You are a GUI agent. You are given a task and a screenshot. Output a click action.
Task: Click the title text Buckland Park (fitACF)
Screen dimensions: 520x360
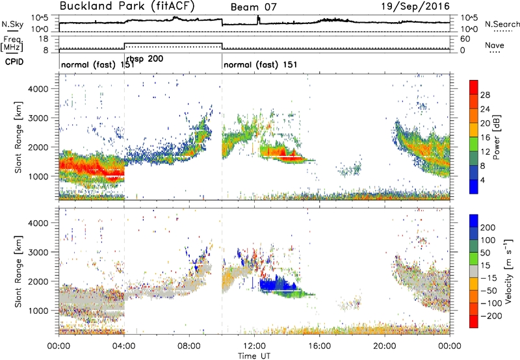127,6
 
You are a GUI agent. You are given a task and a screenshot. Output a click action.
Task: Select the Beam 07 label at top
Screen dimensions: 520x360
253,7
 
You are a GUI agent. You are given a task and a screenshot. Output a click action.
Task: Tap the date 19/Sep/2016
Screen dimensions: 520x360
415,6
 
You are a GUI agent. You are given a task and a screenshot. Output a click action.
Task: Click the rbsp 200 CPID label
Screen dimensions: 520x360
145,58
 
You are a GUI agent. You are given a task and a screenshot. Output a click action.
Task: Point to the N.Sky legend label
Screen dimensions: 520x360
12,24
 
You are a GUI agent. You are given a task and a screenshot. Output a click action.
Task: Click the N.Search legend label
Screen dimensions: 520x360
502,24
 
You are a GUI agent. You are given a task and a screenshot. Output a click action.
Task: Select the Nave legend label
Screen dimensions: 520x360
495,45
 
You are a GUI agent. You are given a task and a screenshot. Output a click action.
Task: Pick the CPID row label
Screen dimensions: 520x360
14,62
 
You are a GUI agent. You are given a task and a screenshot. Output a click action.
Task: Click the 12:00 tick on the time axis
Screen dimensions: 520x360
254,346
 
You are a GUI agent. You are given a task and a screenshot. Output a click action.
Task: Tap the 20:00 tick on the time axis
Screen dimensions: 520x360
385,346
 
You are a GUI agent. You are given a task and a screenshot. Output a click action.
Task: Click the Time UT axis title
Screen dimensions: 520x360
254,355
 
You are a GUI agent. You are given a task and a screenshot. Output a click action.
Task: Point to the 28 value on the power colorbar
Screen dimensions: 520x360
485,95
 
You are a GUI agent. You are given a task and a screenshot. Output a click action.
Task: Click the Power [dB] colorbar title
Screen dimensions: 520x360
496,137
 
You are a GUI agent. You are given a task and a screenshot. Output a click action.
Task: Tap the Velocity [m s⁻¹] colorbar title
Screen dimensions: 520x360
508,271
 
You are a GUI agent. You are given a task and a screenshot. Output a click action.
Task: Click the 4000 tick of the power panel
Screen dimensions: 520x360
38,89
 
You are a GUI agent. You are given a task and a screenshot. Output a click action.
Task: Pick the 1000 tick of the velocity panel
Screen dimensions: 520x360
38,311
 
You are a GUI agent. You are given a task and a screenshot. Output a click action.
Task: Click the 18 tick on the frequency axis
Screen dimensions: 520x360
44,39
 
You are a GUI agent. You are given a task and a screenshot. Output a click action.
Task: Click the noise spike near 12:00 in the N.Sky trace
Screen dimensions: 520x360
259,20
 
